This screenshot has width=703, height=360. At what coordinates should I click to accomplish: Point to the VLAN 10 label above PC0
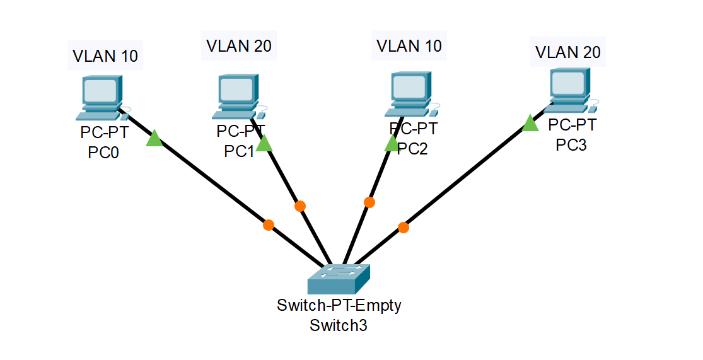pyautogui.click(x=105, y=55)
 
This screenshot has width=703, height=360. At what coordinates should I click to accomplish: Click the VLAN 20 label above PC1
pyautogui.click(x=239, y=45)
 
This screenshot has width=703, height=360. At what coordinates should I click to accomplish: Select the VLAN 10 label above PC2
pyautogui.click(x=409, y=45)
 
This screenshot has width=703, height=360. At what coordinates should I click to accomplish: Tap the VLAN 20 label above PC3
pyautogui.click(x=568, y=51)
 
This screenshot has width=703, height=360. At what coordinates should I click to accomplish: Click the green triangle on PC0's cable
pyautogui.click(x=154, y=139)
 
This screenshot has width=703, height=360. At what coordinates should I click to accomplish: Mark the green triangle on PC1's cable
pyautogui.click(x=264, y=144)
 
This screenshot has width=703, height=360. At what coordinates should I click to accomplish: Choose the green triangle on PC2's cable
pyautogui.click(x=392, y=144)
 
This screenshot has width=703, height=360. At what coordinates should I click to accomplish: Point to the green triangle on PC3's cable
pyautogui.click(x=530, y=124)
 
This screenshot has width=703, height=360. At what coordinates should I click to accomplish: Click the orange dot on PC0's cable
pyautogui.click(x=269, y=224)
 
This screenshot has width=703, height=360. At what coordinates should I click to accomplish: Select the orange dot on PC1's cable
pyautogui.click(x=300, y=206)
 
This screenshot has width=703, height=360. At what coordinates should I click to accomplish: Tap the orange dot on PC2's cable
pyautogui.click(x=369, y=202)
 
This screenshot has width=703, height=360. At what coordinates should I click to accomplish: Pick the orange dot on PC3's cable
pyautogui.click(x=404, y=228)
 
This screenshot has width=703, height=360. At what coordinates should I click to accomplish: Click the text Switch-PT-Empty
pyautogui.click(x=339, y=306)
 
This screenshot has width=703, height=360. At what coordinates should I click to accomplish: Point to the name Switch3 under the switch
pyautogui.click(x=339, y=326)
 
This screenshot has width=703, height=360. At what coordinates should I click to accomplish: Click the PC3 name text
pyautogui.click(x=571, y=145)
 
